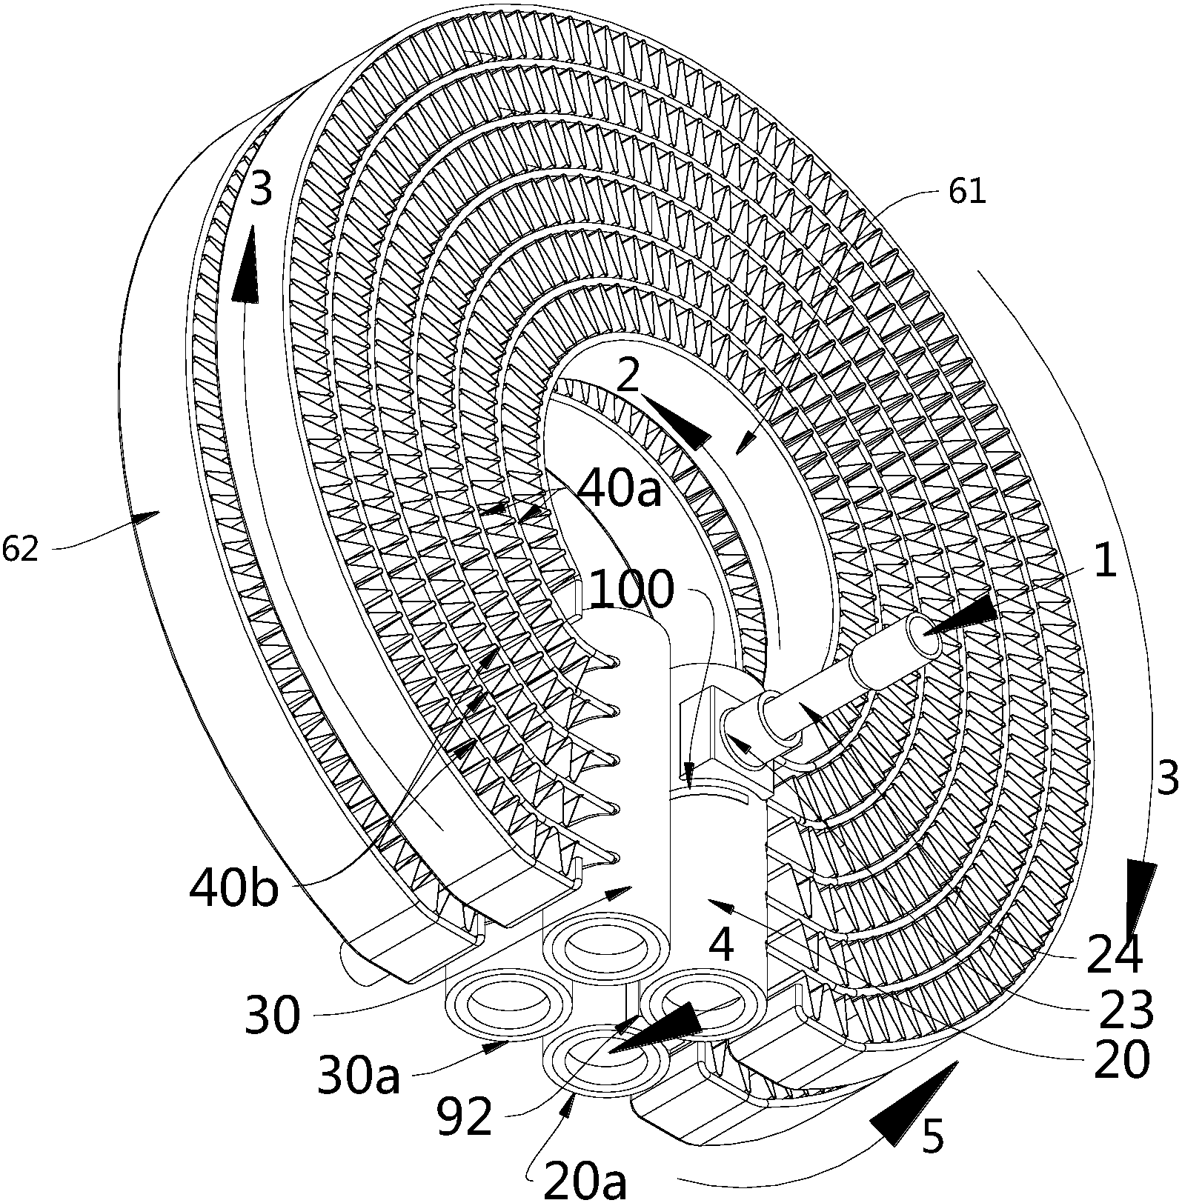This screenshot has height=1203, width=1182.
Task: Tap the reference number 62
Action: click(x=19, y=550)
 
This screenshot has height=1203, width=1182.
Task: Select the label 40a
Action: click(x=618, y=489)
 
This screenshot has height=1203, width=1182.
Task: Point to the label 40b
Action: click(x=234, y=888)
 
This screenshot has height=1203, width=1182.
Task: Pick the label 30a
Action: click(x=359, y=1076)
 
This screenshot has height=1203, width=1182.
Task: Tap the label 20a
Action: click(x=585, y=1179)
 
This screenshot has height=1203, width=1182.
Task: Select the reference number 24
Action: click(x=1115, y=956)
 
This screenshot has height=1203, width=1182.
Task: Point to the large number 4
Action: click(x=720, y=945)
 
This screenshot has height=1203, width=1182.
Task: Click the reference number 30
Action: click(x=273, y=1014)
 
